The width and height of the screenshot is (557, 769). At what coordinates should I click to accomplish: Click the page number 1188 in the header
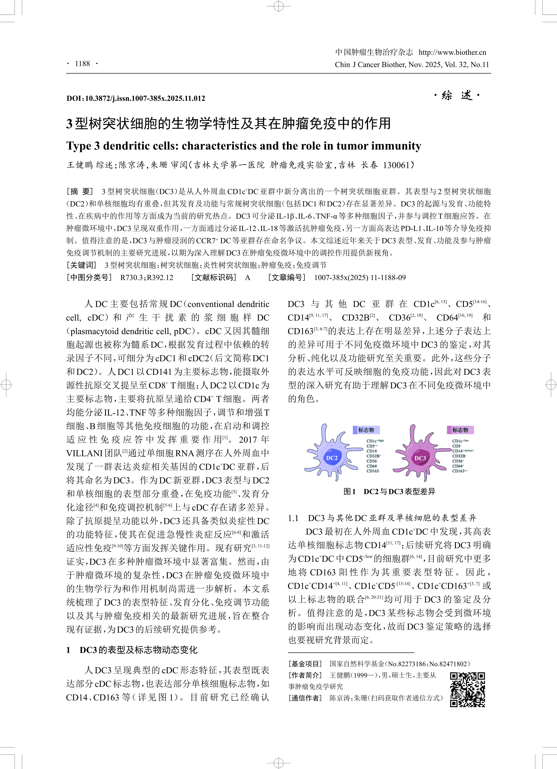pyautogui.click(x=82, y=64)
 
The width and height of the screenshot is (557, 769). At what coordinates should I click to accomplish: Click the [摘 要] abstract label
pyautogui.click(x=80, y=192)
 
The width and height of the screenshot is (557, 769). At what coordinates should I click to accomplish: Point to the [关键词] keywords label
pyautogui.click(x=81, y=265)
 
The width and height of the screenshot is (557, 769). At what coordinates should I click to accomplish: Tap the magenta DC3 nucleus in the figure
pyautogui.click(x=420, y=458)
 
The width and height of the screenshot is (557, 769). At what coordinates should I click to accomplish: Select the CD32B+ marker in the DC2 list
pyautogui.click(x=373, y=456)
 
